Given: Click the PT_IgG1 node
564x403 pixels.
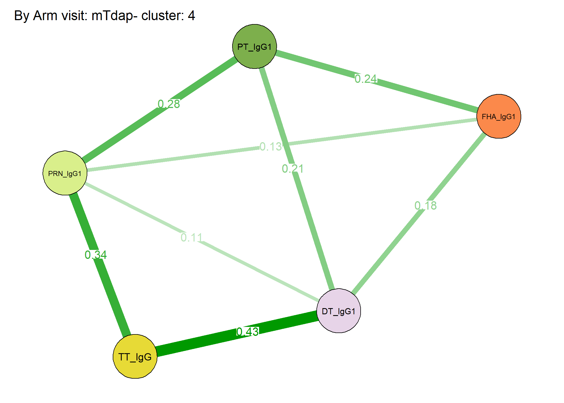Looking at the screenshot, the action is [x=255, y=46].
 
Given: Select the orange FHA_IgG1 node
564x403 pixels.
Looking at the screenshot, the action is [x=499, y=116].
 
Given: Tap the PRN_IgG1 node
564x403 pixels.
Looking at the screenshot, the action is [x=65, y=173].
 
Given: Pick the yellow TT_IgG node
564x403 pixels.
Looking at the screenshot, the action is [x=135, y=357].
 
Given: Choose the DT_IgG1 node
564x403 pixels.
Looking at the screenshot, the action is [x=339, y=311].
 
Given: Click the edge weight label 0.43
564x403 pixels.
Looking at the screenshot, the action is [x=248, y=332].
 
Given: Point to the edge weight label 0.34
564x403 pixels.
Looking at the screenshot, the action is [x=96, y=255].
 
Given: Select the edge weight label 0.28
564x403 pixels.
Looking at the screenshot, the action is [x=169, y=104].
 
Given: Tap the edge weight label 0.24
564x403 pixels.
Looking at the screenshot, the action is [x=366, y=79].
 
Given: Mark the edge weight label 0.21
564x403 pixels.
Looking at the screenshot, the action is [x=293, y=169].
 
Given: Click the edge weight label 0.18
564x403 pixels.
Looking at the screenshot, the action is [x=426, y=206].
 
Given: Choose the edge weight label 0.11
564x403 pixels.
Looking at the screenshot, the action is [x=192, y=238].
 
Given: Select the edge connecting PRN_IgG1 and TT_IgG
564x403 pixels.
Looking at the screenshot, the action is [x=100, y=265].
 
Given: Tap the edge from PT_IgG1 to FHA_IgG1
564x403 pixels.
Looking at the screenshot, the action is [x=377, y=81].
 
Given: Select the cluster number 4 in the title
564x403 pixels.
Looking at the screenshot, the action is [x=191, y=16].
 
